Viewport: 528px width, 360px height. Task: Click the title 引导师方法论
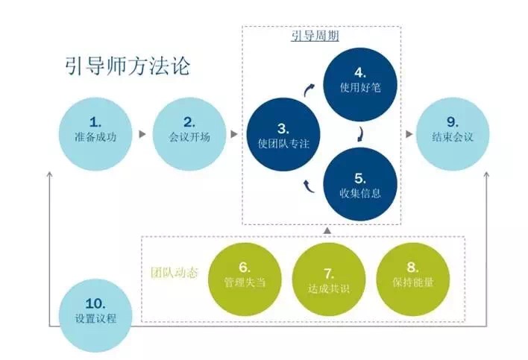coord(128,66)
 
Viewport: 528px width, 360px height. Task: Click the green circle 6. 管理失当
coord(244,276)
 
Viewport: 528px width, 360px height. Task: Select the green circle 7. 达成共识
coord(329,276)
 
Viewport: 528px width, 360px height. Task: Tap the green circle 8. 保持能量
coord(413,276)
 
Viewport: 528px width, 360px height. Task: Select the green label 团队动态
coord(171,273)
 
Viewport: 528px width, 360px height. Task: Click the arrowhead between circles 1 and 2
coord(141,136)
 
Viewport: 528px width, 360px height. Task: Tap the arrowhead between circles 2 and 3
coord(234,136)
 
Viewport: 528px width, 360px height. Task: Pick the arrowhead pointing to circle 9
coord(409,136)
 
